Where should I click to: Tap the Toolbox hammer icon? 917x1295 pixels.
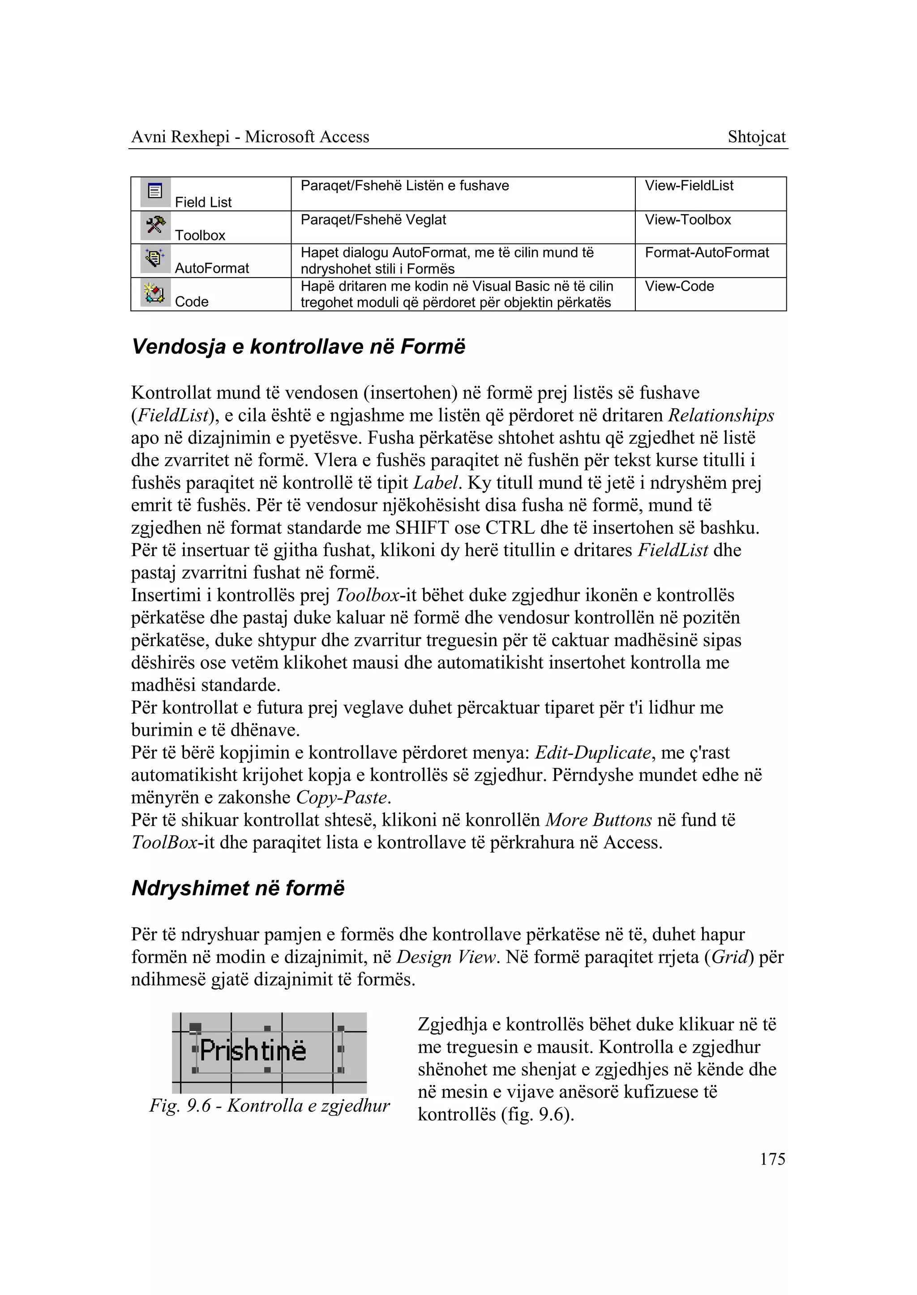click(155, 226)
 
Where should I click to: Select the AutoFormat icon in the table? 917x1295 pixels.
click(155, 259)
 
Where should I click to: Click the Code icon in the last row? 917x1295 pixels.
click(155, 292)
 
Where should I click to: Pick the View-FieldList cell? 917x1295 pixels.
click(689, 186)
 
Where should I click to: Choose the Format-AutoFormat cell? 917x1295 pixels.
click(707, 253)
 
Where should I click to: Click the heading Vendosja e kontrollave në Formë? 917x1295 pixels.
click(298, 346)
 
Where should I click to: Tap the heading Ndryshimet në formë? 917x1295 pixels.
click(238, 888)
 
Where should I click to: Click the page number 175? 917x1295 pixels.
click(772, 1159)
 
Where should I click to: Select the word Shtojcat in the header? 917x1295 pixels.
click(756, 137)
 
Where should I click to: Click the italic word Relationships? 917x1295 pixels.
click(720, 416)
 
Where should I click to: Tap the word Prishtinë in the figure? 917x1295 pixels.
click(253, 1051)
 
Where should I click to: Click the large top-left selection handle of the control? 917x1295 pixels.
click(195, 1028)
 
